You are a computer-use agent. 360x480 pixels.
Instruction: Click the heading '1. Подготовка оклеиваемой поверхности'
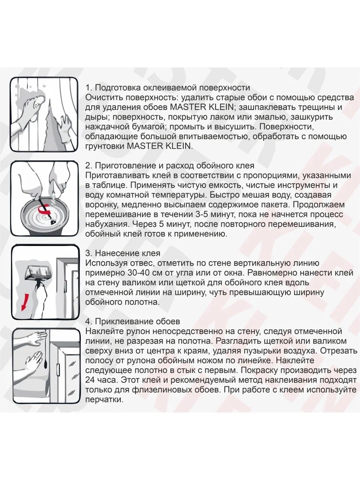(168, 88)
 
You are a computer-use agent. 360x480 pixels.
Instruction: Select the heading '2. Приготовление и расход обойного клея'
(170, 166)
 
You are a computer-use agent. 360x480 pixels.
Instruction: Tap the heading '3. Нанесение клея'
(123, 253)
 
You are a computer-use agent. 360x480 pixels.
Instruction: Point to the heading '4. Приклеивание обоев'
(133, 322)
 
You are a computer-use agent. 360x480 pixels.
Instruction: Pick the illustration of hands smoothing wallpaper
(44, 364)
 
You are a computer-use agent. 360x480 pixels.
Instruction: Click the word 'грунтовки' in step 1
(105, 146)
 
